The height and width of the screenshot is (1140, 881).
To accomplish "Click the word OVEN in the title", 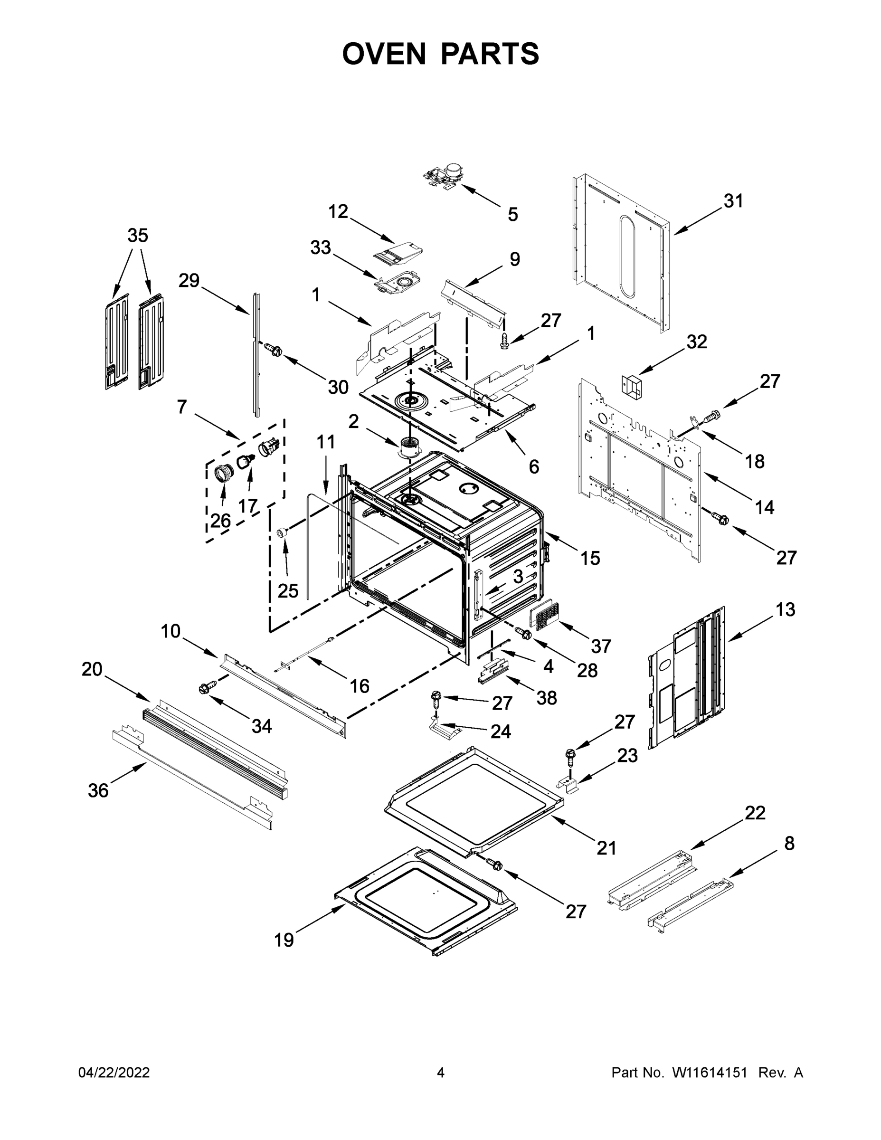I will tap(384, 54).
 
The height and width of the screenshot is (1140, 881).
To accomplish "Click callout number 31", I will tap(733, 201).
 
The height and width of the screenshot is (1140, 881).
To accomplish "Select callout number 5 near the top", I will tap(512, 214).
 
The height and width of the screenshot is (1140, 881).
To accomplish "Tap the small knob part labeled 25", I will tap(283, 532).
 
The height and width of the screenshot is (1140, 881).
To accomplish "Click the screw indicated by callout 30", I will tap(274, 350).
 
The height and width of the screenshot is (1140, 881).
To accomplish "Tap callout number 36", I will tap(98, 790).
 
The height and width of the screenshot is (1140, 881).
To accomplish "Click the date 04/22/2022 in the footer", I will tap(114, 1073).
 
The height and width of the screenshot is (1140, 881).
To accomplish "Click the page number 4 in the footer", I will tap(441, 1073).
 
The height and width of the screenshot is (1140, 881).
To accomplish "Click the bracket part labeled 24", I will tap(443, 727).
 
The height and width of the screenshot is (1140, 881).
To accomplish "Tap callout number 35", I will tap(138, 236).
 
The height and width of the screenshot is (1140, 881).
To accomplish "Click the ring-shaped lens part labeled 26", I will tap(223, 473).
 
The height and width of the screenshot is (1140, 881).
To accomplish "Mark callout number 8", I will tap(789, 843).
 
